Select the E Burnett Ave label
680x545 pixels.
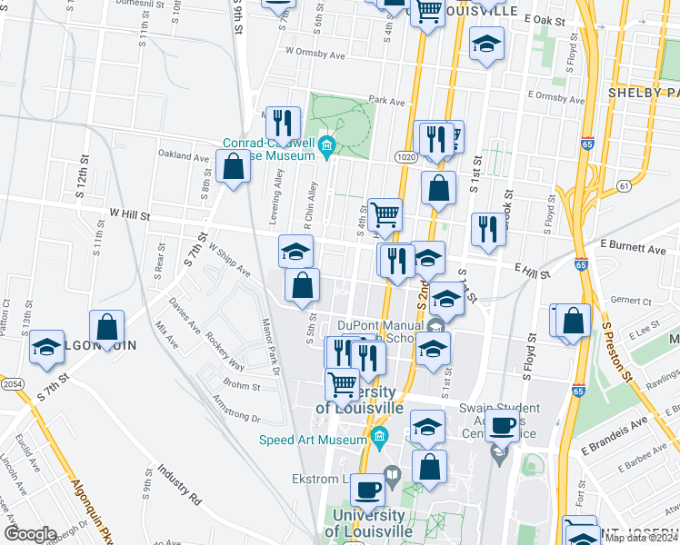click(x=633, y=247)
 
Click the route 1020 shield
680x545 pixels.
click(x=406, y=158)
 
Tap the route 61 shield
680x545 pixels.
click(x=623, y=185)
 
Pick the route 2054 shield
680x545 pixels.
click(x=13, y=386)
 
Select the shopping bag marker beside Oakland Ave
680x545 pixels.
click(x=234, y=167)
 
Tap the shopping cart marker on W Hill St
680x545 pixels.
click(x=385, y=215)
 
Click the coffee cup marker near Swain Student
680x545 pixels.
click(x=501, y=424)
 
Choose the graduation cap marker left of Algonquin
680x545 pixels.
click(x=46, y=346)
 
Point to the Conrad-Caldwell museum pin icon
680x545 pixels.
click(x=326, y=144)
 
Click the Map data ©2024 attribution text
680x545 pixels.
click(x=641, y=538)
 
